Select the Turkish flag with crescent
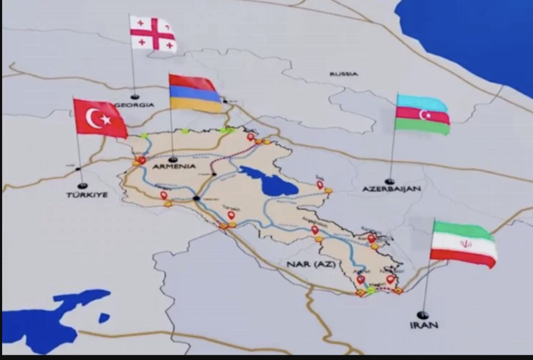[100, 118]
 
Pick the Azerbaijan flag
[422, 114]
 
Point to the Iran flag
[463, 244]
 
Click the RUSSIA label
[344, 74]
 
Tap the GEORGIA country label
[135, 105]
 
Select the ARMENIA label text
[175, 166]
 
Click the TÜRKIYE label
[87, 194]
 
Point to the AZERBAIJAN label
[391, 189]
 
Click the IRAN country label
[424, 325]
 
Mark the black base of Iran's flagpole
[423, 315]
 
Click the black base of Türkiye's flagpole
[82, 185]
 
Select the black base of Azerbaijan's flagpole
[389, 181]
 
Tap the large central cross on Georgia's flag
[153, 33]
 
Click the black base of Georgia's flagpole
[135, 97]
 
